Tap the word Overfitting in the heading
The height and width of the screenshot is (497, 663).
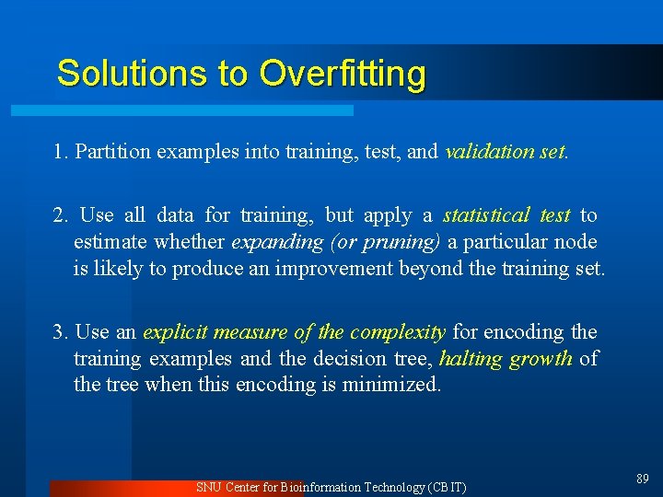pyautogui.click(x=343, y=73)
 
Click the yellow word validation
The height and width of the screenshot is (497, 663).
pyautogui.click(x=486, y=152)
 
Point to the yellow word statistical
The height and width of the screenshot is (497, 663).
pyautogui.click(x=486, y=215)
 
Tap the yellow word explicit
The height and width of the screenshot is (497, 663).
pyautogui.click(x=176, y=331)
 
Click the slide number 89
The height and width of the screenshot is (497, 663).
pyautogui.click(x=642, y=479)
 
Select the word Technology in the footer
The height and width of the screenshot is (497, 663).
pyautogui.click(x=394, y=487)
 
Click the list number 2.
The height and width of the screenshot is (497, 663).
pyautogui.click(x=60, y=215)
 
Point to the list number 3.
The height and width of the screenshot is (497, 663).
pyautogui.click(x=60, y=331)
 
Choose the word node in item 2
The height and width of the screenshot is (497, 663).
pyautogui.click(x=576, y=242)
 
